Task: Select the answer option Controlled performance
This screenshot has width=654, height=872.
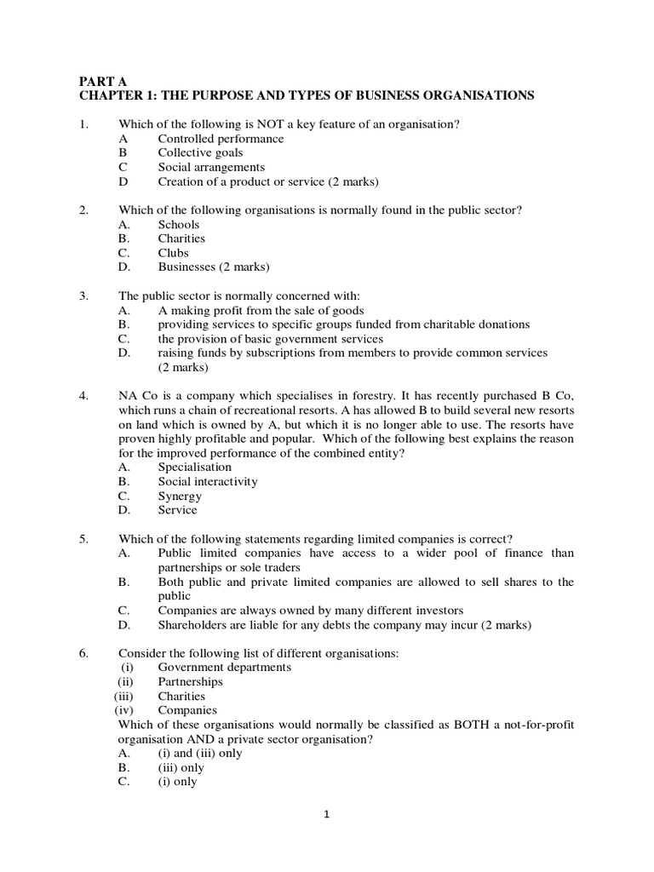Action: pyautogui.click(x=221, y=139)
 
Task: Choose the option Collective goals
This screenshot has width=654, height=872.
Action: pyautogui.click(x=200, y=153)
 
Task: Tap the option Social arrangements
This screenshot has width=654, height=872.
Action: pyautogui.click(x=211, y=168)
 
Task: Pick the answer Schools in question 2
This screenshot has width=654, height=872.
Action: pyautogui.click(x=179, y=225)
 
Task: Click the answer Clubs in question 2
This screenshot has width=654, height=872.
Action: pyautogui.click(x=174, y=253)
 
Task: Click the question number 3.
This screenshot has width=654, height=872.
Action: pyautogui.click(x=83, y=296)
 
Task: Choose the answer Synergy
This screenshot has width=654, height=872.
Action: pyautogui.click(x=180, y=496)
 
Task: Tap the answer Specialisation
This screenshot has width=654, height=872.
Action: pyautogui.click(x=195, y=467)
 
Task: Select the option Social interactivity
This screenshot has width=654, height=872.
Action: pyautogui.click(x=208, y=481)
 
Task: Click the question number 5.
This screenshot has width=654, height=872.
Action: pyautogui.click(x=83, y=539)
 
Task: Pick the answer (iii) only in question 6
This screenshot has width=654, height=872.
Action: pyautogui.click(x=181, y=767)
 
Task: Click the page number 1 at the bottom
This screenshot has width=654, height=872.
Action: pyautogui.click(x=326, y=814)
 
